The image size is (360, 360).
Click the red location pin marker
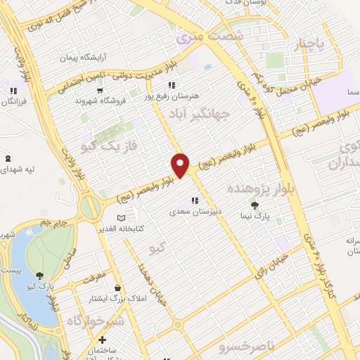click(181, 165)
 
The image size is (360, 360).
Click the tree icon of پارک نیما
click(255, 205)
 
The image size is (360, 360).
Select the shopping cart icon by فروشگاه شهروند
click(99, 91)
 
